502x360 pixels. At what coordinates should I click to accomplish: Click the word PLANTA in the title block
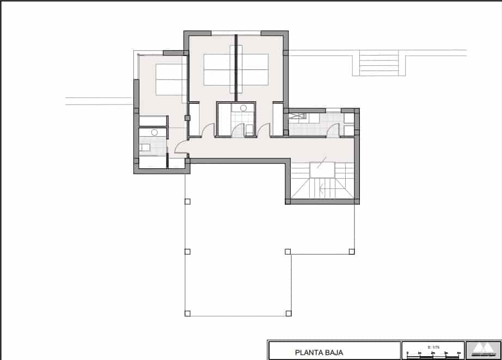[x=308, y=352]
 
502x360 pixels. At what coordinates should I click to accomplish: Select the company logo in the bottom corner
[x=482, y=350]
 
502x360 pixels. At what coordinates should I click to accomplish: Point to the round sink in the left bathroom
[x=155, y=132]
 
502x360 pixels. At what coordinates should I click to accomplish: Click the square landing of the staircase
[x=320, y=170]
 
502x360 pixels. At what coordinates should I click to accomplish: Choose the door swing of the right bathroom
[x=333, y=130]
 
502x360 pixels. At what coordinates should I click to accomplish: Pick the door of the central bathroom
[x=237, y=130]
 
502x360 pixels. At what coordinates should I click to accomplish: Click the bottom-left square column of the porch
[x=188, y=313]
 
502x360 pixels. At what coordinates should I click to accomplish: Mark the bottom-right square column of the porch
[x=289, y=313]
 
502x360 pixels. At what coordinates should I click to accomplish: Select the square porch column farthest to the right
[x=351, y=252]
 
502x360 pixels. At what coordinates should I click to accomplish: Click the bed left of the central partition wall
[x=219, y=69]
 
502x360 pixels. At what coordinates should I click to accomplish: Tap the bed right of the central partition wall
[x=253, y=69]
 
